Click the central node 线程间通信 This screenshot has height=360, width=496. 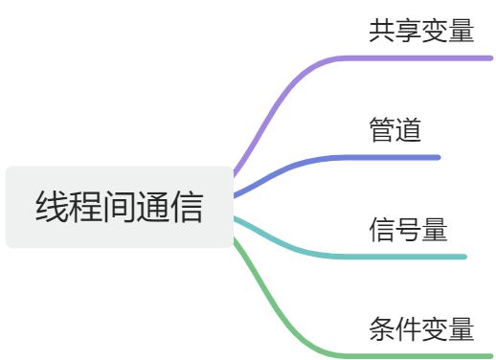[120, 207]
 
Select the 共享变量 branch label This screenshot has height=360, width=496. [421, 31]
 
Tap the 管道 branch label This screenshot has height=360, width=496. [395, 129]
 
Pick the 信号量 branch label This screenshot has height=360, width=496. [409, 229]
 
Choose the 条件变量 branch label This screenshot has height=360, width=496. [421, 328]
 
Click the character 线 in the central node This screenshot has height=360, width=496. [52, 207]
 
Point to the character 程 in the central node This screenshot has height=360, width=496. [86, 207]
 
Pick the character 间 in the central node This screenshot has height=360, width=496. [120, 207]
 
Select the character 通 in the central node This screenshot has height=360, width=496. [153, 207]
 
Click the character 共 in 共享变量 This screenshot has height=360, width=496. [382, 31]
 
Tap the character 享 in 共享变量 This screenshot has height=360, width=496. [409, 31]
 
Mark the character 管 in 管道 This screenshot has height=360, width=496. [382, 129]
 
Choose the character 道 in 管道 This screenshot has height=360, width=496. [409, 129]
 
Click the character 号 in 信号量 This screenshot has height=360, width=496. [409, 229]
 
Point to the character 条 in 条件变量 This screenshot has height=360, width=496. [382, 328]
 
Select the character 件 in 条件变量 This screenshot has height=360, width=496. [409, 328]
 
